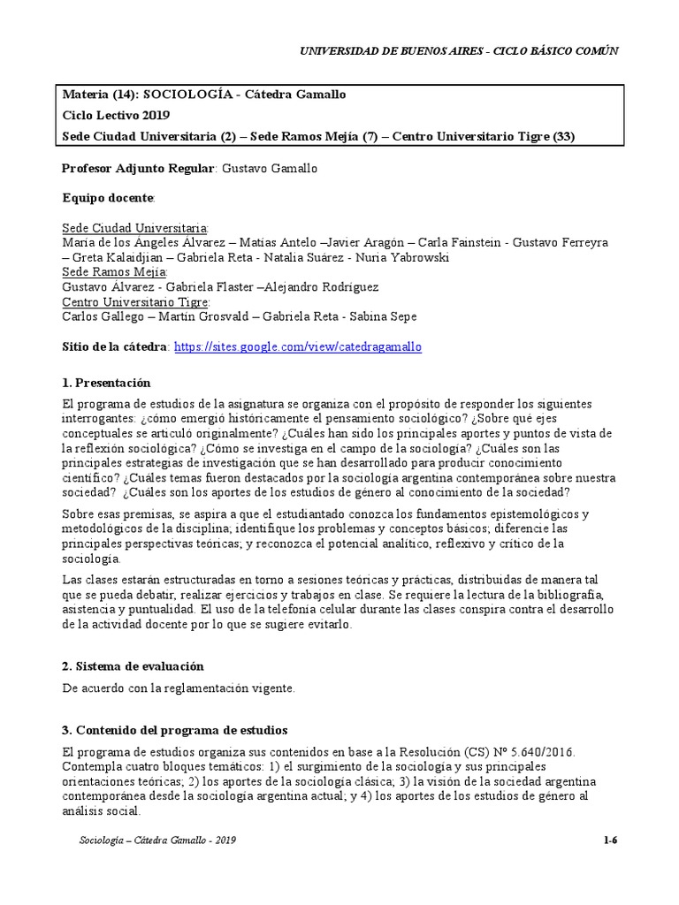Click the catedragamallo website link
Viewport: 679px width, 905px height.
point(298,347)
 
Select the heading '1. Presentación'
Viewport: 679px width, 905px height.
point(106,383)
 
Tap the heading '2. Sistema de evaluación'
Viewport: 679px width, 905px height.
point(133,665)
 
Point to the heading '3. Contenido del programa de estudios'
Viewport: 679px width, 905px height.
point(174,730)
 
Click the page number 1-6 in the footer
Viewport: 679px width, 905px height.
point(609,840)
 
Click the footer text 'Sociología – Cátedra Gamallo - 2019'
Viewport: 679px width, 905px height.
point(156,840)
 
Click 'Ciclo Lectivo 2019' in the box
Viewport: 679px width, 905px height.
point(117,115)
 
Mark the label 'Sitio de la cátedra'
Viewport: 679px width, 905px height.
point(115,347)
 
